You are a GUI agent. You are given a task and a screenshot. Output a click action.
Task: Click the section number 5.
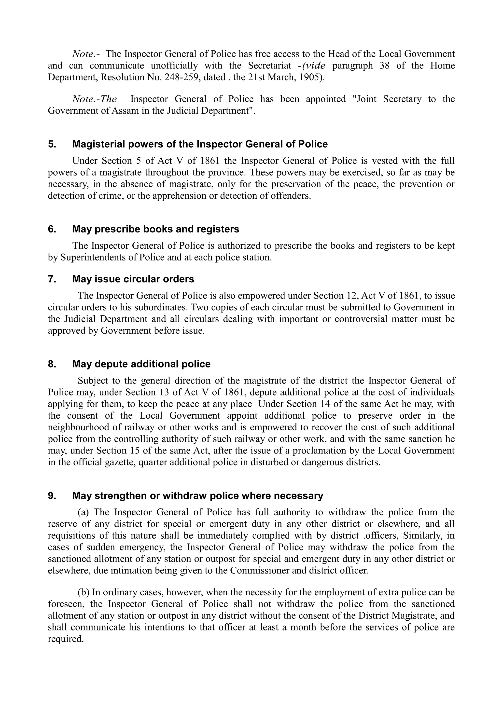pyautogui.click(x=52, y=144)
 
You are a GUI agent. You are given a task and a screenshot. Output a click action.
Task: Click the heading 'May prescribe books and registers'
pyautogui.click(x=156, y=229)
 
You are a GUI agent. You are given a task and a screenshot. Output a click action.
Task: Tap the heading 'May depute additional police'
pyautogui.click(x=141, y=364)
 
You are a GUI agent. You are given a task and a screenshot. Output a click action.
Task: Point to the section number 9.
pyautogui.click(x=52, y=496)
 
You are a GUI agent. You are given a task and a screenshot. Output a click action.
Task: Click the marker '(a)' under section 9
pyautogui.click(x=83, y=512)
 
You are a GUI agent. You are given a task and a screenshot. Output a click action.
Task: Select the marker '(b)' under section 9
pyautogui.click(x=83, y=592)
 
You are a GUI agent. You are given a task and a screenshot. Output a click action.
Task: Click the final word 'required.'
pyautogui.click(x=66, y=639)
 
